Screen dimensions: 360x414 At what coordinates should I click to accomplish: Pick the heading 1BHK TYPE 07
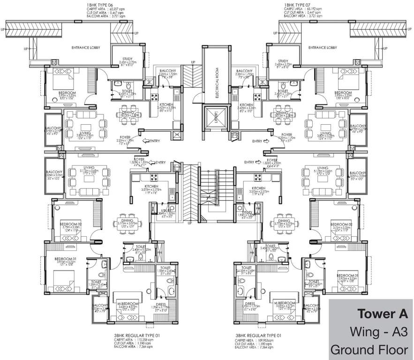(x=298, y=4)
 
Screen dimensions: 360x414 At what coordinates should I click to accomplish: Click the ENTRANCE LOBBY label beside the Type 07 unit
(x=323, y=48)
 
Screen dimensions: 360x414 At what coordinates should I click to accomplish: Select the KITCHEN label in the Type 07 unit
(x=247, y=105)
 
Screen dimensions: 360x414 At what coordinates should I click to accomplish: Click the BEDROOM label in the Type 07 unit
(x=343, y=93)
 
